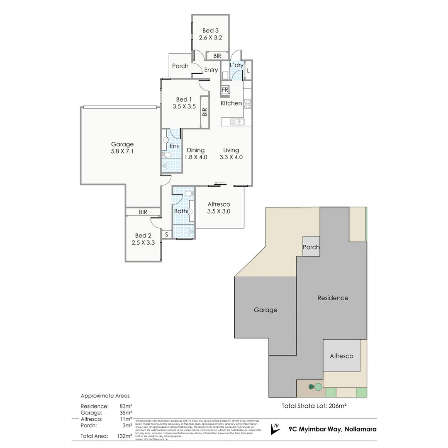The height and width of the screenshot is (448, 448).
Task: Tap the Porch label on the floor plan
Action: coord(180,66)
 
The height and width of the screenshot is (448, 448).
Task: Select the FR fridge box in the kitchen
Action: coord(225,90)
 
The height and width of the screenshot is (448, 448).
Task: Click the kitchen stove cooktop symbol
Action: coord(247,104)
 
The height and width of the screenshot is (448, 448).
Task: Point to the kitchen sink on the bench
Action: coord(239,122)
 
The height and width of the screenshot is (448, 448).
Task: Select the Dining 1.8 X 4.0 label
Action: coord(195,153)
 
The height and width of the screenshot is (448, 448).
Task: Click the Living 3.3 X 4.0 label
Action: coord(231,153)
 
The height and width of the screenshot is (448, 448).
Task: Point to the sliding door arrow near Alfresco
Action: coord(221,183)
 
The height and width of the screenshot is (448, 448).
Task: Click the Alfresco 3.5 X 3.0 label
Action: coord(219,208)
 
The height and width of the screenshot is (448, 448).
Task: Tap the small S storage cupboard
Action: coord(167,235)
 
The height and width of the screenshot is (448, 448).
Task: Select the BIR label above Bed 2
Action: coord(143,212)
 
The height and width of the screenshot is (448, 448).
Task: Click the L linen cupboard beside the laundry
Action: coord(248,70)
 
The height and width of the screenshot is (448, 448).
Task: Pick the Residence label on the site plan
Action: coord(333,298)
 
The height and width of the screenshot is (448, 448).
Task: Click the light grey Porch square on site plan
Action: coord(311,247)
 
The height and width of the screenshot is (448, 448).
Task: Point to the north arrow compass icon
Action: coord(275,429)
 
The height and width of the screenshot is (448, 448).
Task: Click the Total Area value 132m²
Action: coord(125,436)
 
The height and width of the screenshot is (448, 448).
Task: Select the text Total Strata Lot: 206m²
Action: coord(314,406)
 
